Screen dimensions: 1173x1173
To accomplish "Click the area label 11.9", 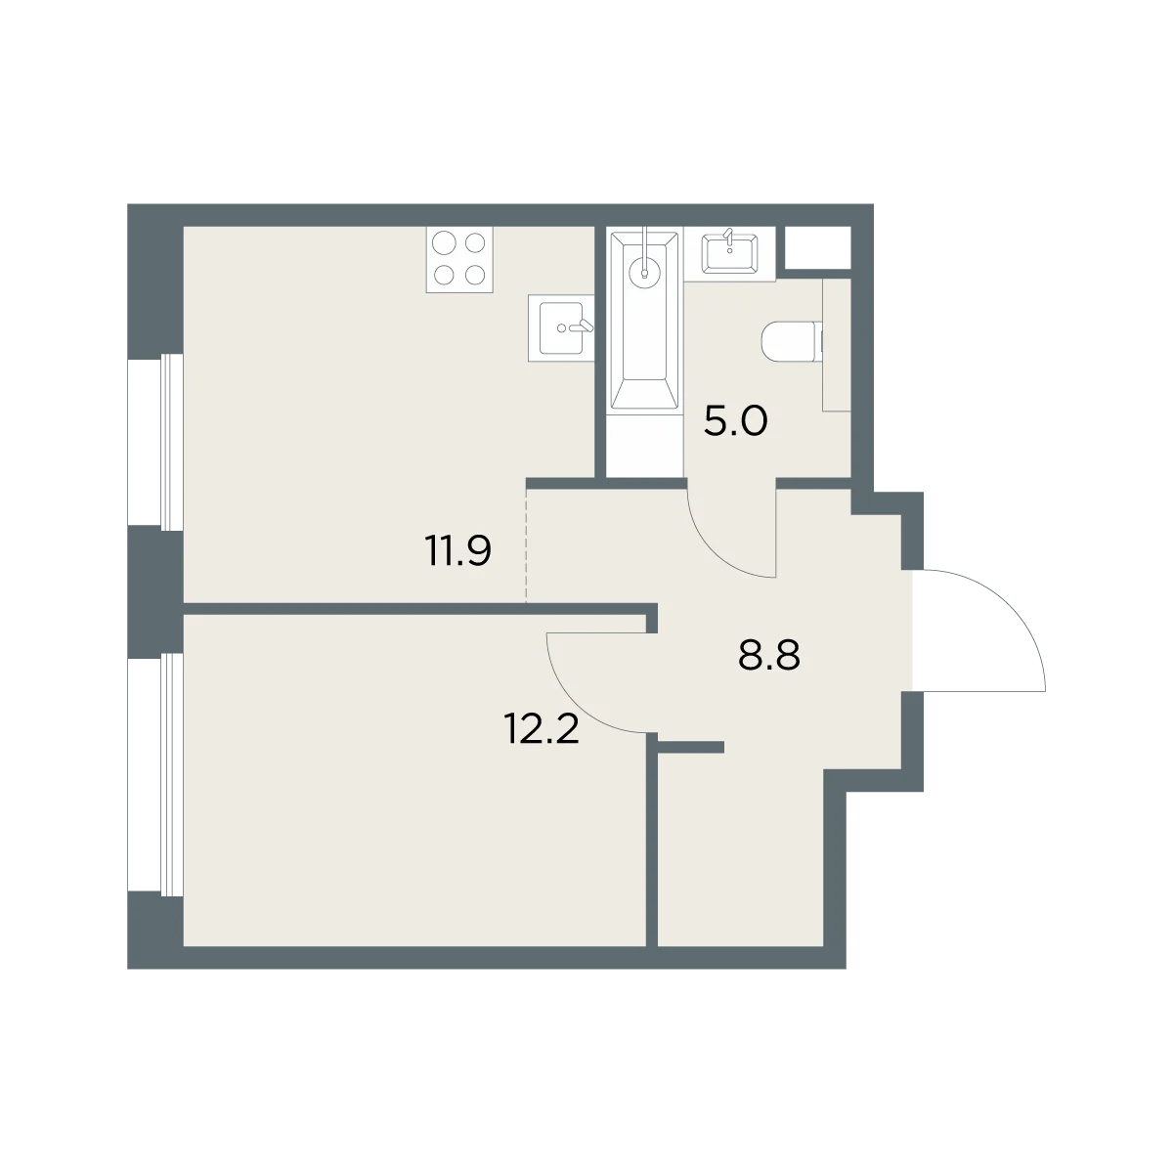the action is click(459, 551).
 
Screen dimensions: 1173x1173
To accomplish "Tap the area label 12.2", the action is click(542, 729).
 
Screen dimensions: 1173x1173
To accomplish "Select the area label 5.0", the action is click(735, 421).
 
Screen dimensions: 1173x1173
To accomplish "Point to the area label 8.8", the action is click(769, 655).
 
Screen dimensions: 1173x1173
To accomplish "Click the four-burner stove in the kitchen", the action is click(459, 260).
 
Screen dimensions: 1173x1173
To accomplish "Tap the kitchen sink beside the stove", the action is click(561, 328).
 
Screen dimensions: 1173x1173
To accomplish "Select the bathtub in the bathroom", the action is click(644, 321).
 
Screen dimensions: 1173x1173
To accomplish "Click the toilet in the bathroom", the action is click(793, 342).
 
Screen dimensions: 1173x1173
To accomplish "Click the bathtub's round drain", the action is click(644, 272).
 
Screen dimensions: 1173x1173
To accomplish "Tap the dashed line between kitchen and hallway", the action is click(527, 546).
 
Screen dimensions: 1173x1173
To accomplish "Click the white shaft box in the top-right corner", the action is click(817, 247).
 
